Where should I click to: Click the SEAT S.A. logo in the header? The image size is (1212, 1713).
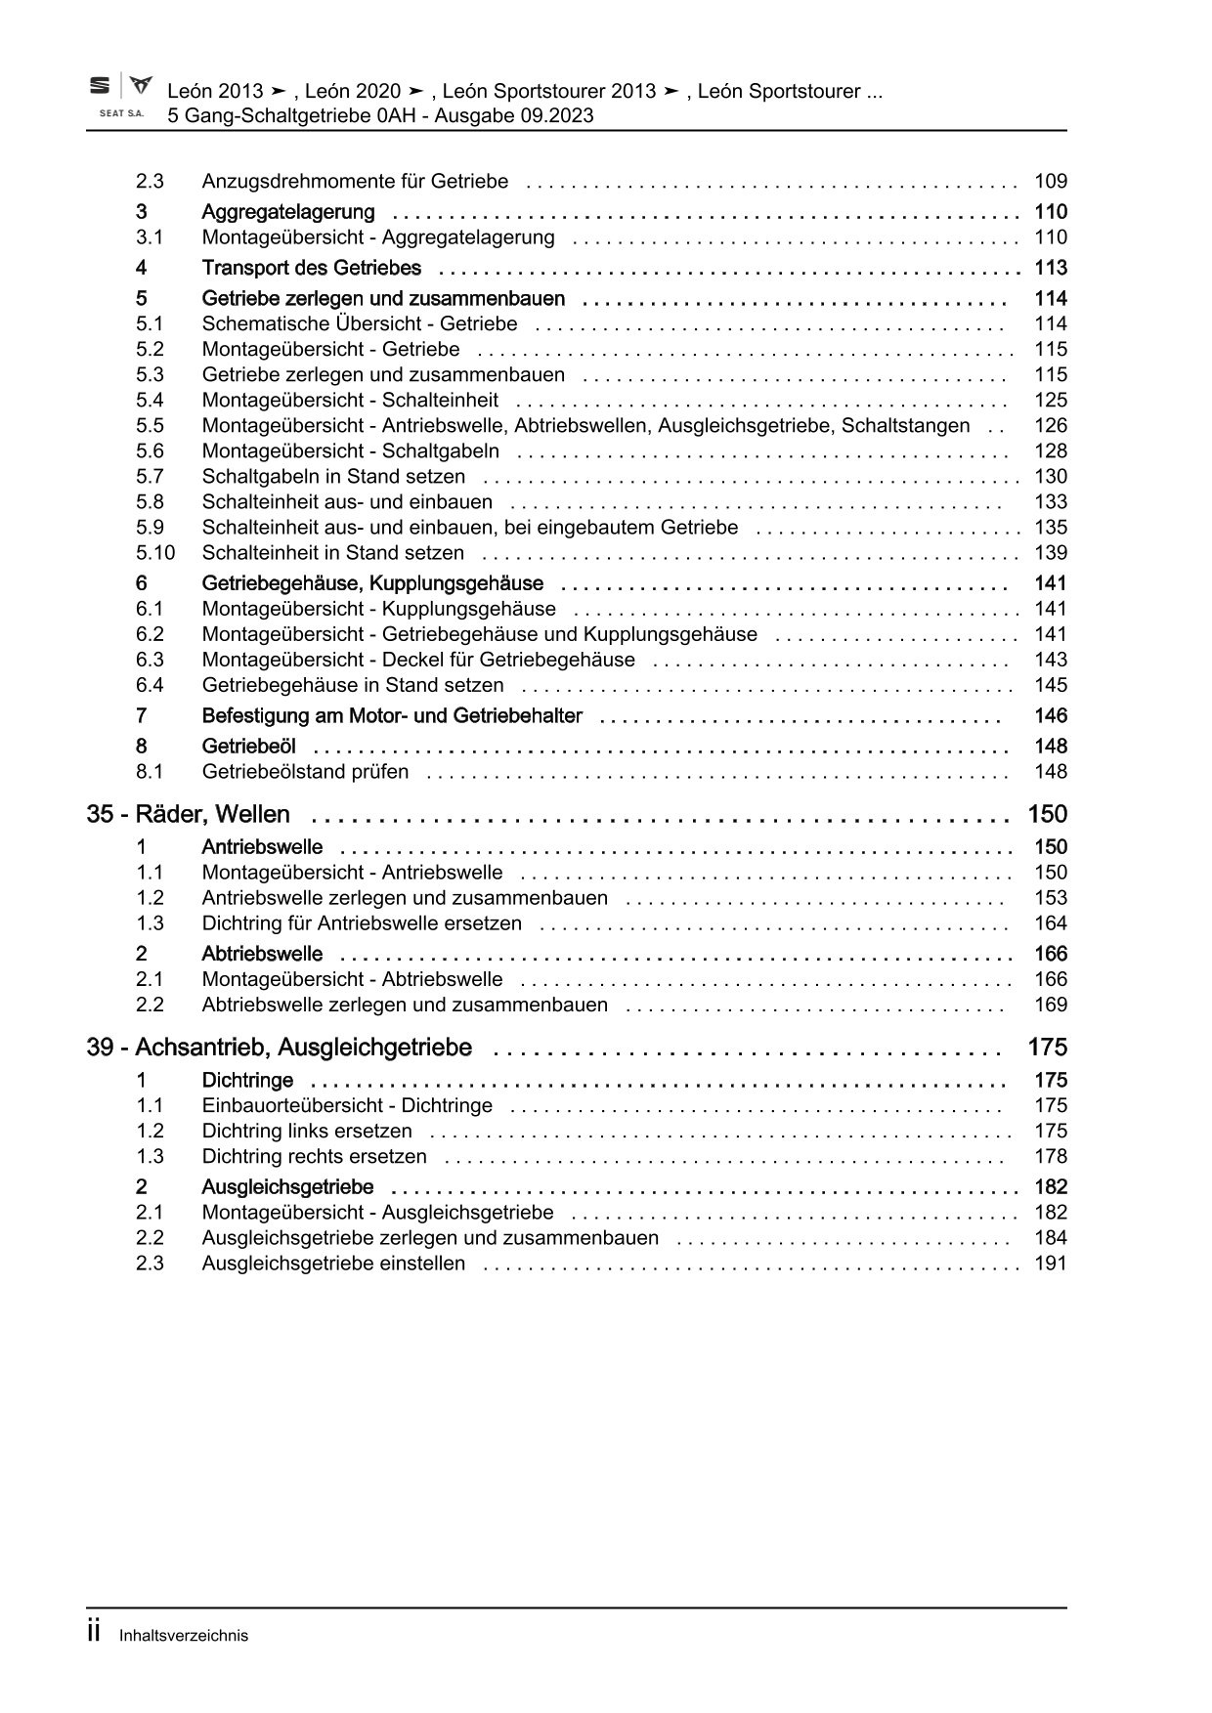[120, 97]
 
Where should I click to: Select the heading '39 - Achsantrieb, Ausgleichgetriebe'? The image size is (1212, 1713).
[280, 1048]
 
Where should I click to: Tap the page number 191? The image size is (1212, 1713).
[1050, 1263]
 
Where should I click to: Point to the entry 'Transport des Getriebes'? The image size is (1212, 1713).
[311, 268]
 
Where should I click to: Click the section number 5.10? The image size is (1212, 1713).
[155, 553]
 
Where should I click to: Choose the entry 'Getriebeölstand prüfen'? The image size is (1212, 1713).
[305, 772]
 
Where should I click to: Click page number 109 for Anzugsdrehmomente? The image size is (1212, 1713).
[1050, 182]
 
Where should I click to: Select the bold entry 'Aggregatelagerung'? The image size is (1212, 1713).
[287, 212]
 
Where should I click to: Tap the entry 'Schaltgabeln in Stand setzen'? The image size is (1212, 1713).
[333, 477]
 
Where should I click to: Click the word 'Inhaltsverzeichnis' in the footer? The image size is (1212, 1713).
[184, 1636]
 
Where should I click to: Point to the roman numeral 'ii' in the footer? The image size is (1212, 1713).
[95, 1633]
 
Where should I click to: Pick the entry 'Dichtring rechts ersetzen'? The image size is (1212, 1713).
[314, 1157]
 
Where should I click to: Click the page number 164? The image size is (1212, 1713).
[1050, 923]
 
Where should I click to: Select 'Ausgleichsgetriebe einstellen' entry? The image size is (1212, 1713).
[333, 1263]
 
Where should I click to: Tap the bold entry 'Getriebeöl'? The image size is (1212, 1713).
[248, 747]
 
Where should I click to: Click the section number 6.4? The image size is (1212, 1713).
[150, 686]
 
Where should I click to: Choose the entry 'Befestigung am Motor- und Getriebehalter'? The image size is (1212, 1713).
[391, 716]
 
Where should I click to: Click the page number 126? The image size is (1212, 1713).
[1050, 426]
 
